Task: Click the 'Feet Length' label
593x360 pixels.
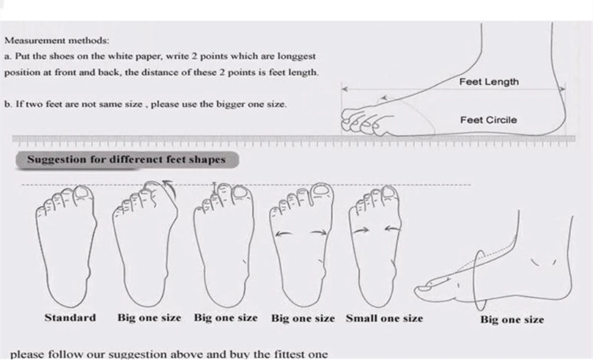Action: click(x=489, y=82)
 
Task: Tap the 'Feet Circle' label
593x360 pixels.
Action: click(x=488, y=120)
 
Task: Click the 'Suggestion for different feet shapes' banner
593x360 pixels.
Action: click(x=127, y=160)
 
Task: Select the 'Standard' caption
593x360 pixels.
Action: click(x=71, y=317)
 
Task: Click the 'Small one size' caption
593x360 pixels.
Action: click(x=384, y=318)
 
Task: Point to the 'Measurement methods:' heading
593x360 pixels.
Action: click(x=57, y=40)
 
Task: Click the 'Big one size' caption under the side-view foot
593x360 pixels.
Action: click(x=512, y=320)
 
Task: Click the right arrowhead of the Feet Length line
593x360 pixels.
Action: click(x=562, y=89)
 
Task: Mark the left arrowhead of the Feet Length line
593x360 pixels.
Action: click(x=345, y=89)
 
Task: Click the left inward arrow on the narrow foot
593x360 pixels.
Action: click(x=361, y=230)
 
